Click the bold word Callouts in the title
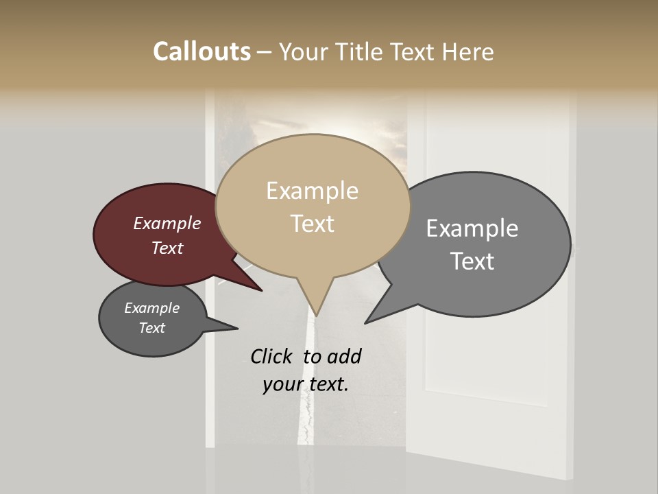(x=202, y=51)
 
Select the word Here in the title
(x=469, y=51)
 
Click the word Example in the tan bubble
(x=312, y=191)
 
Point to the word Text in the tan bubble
(x=312, y=223)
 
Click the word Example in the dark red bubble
(x=167, y=223)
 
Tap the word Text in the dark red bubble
(x=167, y=248)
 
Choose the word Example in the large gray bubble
(x=472, y=228)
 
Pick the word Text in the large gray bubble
(x=472, y=261)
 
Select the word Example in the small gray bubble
(x=151, y=308)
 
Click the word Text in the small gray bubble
(x=151, y=328)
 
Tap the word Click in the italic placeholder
(x=272, y=356)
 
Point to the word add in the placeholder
(x=344, y=356)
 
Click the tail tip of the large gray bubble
(x=365, y=323)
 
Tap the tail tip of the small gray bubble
(x=238, y=328)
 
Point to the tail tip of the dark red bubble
(x=262, y=291)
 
